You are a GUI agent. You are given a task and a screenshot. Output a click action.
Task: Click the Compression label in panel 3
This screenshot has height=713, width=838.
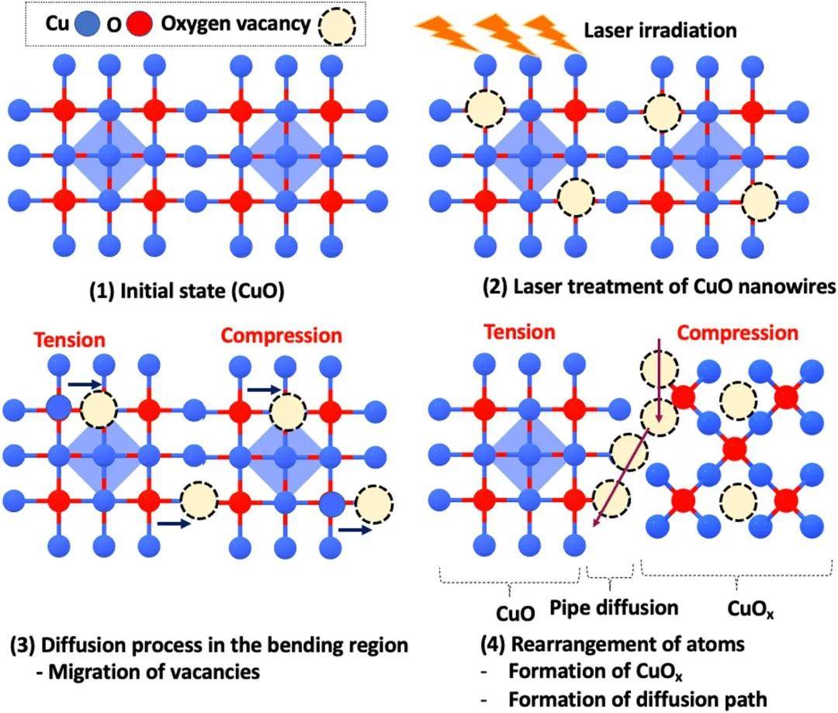pos(281,336)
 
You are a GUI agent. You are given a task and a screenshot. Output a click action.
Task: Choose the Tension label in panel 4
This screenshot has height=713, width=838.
pos(520,333)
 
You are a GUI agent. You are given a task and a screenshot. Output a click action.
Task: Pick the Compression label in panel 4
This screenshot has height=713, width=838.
pos(737,334)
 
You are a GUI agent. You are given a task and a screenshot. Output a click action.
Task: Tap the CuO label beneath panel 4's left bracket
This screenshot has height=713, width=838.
pos(515,613)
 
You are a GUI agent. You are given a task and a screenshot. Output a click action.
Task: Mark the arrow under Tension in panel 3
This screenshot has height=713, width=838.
pos(84,382)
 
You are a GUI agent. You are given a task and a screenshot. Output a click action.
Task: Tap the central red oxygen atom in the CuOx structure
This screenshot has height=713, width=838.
pos(734,448)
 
